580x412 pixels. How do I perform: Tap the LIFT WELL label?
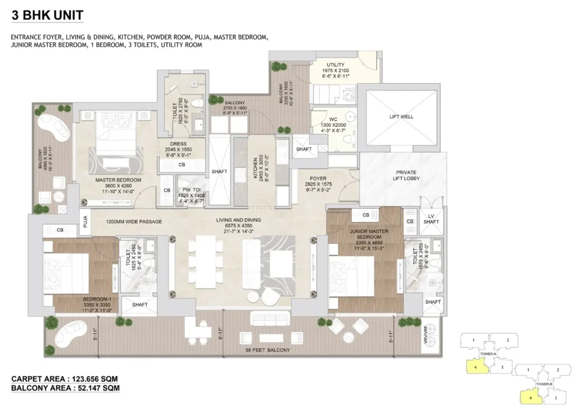pyautogui.click(x=401, y=117)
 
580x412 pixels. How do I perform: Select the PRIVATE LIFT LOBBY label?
pyautogui.click(x=401, y=175)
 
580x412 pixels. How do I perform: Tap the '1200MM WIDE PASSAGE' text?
pyautogui.click(x=134, y=221)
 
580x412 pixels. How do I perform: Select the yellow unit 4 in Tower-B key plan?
pyautogui.click(x=529, y=397)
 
